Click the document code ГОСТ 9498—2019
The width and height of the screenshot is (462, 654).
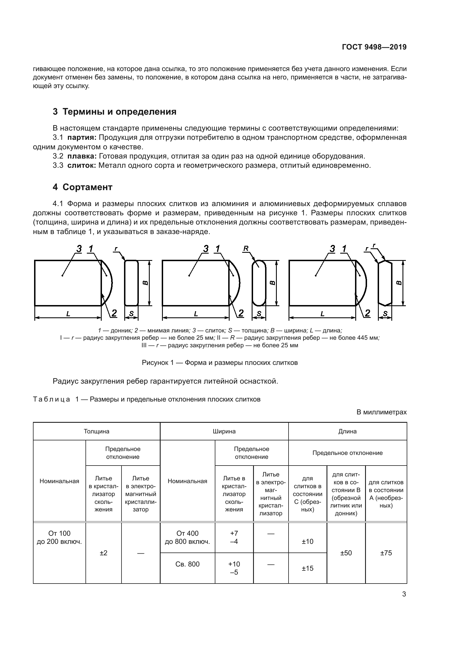(374, 47)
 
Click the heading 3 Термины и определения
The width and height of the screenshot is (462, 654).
(114, 112)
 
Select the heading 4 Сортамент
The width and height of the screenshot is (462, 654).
(82, 187)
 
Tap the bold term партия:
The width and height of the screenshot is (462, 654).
(82, 138)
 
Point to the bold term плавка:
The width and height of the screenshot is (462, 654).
(82, 156)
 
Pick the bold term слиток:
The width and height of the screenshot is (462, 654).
(82, 165)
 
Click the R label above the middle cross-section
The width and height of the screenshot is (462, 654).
(246, 248)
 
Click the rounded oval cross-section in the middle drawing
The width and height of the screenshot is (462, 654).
(259, 283)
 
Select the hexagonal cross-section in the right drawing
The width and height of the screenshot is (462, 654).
(385, 283)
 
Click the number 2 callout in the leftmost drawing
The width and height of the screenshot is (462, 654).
(114, 313)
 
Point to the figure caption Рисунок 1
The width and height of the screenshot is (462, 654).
(220, 363)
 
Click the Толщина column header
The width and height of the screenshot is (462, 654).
(96, 431)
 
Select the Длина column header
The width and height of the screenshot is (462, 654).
(347, 431)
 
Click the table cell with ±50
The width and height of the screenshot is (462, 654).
(346, 553)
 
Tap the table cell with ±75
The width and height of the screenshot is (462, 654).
(386, 553)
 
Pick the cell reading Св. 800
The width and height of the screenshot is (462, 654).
(187, 564)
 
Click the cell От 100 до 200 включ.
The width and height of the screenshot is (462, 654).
(59, 537)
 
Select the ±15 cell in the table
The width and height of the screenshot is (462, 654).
(308, 568)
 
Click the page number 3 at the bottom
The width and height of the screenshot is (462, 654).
(404, 594)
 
